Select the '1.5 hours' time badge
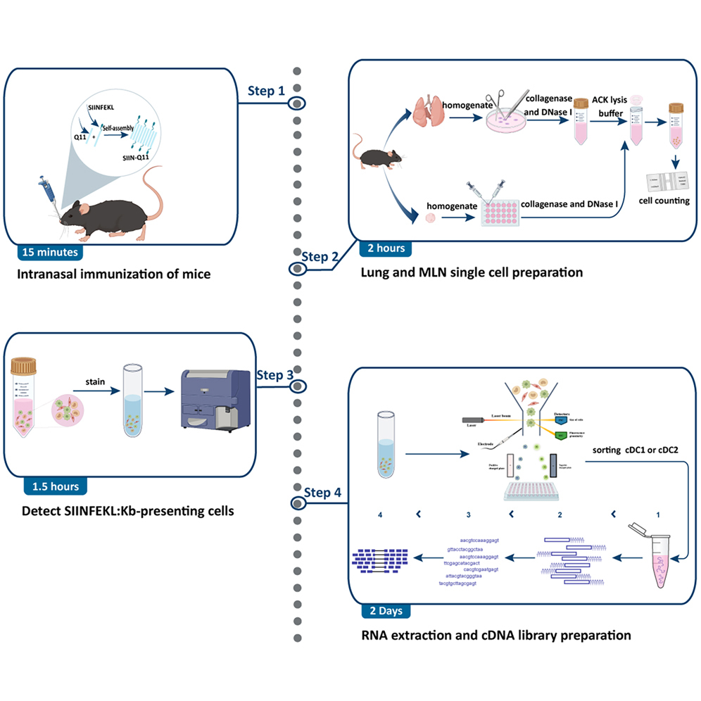55,486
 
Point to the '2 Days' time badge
381,610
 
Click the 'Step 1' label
266,91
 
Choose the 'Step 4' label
323,491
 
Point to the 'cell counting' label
664,201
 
